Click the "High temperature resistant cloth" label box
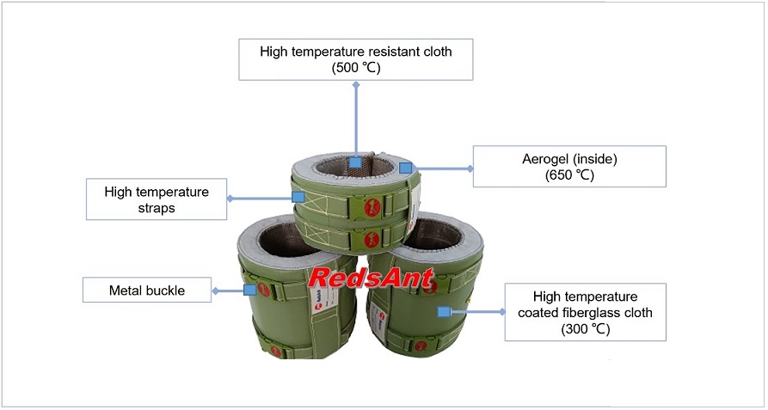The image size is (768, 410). pyautogui.click(x=355, y=59)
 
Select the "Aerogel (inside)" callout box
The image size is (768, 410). pyautogui.click(x=569, y=166)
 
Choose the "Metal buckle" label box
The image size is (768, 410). pyautogui.click(x=145, y=291)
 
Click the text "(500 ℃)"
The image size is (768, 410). pyautogui.click(x=355, y=68)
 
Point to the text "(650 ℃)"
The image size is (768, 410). pyautogui.click(x=569, y=175)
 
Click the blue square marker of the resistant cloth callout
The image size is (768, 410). pyautogui.click(x=355, y=162)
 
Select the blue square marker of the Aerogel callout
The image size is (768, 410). pyautogui.click(x=408, y=168)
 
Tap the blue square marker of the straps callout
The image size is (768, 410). pyautogui.click(x=298, y=197)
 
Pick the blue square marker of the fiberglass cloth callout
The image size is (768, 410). pyautogui.click(x=445, y=311)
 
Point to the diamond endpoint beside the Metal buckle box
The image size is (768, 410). pyautogui.click(x=215, y=291)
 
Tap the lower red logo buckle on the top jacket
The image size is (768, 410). pyautogui.click(x=371, y=238)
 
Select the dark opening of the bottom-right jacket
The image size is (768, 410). pyautogui.click(x=439, y=244)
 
